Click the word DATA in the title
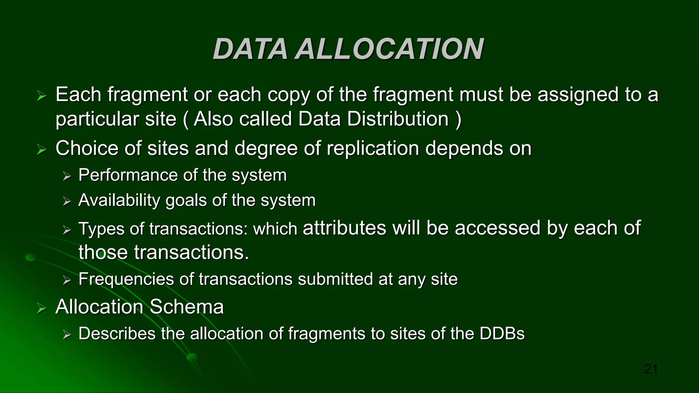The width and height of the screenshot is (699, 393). [250, 49]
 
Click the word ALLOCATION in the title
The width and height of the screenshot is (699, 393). [389, 49]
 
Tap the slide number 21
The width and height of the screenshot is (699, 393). [651, 369]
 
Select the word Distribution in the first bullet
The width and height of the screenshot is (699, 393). [398, 119]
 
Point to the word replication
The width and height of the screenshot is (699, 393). [372, 148]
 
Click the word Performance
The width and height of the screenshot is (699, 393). [128, 175]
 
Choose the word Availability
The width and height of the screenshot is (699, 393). [119, 200]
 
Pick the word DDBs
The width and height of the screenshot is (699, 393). [502, 334]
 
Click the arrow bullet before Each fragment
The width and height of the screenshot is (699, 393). [42, 96]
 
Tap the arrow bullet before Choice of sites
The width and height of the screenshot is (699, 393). [42, 150]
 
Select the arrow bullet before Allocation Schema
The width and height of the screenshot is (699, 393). [42, 309]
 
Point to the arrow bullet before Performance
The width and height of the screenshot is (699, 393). [67, 176]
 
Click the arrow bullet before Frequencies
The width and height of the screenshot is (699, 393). [67, 280]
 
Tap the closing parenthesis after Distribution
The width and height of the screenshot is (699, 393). [458, 120]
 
